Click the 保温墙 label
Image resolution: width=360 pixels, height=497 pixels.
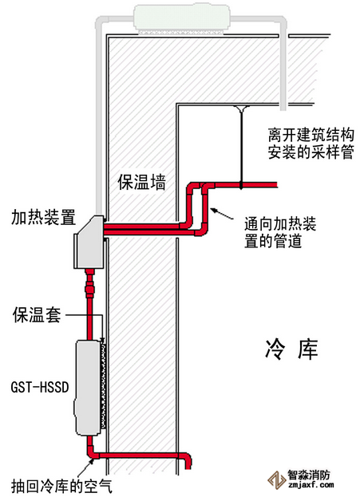141,182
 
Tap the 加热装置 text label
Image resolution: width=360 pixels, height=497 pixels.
43,217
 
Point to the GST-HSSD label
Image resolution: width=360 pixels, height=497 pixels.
40,387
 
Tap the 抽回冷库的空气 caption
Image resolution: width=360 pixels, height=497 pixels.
61,486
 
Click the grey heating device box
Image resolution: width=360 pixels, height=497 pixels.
89,242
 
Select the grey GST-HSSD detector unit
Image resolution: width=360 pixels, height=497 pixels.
88,388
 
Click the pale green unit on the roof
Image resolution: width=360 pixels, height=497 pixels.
182,18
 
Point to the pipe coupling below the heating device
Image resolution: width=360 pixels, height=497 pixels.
89,289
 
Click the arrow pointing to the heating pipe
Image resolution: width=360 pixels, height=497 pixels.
222,214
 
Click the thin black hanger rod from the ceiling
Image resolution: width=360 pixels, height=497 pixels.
241,147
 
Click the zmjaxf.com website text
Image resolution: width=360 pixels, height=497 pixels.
311,485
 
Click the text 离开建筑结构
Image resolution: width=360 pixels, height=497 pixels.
311,136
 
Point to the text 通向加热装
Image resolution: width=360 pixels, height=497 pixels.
280,224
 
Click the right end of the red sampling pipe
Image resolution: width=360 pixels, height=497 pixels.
276,185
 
